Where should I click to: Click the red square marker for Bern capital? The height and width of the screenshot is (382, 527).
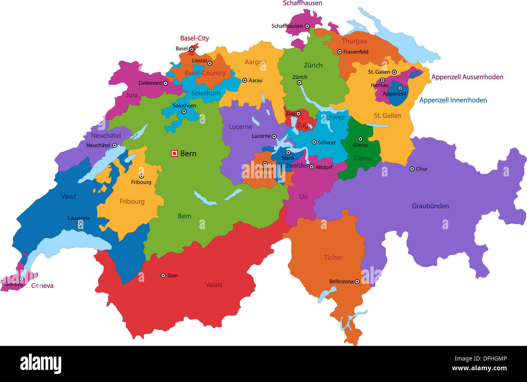(174, 153)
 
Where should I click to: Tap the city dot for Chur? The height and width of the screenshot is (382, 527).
(412, 169)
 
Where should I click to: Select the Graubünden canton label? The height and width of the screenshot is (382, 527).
(431, 206)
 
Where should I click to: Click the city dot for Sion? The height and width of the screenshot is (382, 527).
(163, 275)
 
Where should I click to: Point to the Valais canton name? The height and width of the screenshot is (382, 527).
(214, 285)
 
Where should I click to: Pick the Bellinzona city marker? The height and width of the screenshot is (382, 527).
(357, 281)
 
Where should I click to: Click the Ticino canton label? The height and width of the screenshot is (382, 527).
(332, 258)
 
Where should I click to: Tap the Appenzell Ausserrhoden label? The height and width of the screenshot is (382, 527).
(467, 77)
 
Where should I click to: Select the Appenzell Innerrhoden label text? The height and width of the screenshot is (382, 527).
(453, 100)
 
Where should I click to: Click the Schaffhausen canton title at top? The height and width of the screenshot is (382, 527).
(302, 3)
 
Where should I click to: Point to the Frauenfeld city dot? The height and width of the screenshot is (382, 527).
(340, 52)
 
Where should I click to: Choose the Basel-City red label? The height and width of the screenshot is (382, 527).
(195, 38)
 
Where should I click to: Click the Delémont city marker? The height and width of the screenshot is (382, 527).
(165, 83)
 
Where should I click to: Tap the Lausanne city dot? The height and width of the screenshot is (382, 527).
(79, 224)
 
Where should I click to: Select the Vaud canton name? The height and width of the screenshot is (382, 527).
(68, 196)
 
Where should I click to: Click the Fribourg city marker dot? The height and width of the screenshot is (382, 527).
(141, 176)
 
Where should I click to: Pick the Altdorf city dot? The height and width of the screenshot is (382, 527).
(312, 167)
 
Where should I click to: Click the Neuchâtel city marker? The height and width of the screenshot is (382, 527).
(115, 145)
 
